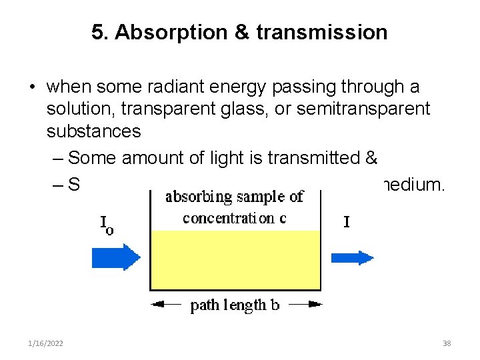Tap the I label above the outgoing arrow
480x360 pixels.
[346, 222]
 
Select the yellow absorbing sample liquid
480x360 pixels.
[235, 260]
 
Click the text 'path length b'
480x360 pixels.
[235, 306]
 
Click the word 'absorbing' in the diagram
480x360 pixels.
[198, 197]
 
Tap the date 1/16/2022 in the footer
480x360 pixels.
[47, 343]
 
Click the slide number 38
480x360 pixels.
[447, 343]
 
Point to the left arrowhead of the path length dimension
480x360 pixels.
[157, 305]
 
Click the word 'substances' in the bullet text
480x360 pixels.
[93, 131]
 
